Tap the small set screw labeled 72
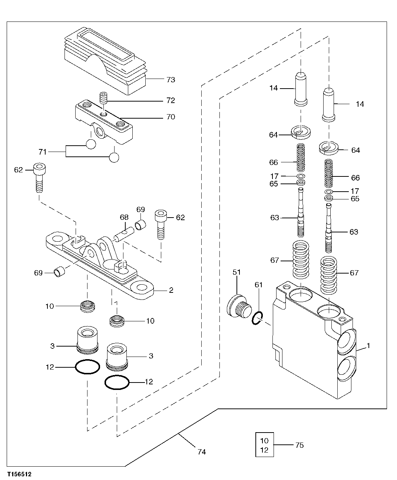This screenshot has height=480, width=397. pos(104,99)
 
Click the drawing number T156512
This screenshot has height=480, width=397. pos(18,474)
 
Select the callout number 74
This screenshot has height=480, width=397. pos(202,452)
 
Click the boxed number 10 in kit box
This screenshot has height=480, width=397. pos(264,441)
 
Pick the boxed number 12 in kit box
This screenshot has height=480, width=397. pos(264,450)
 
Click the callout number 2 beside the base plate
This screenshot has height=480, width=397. pos(171,290)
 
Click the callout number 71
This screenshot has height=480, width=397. pos(43,152)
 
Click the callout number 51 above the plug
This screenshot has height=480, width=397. pos(236,272)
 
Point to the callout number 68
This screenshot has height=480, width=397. pos(124,217)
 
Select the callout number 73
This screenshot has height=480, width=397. pos(171,80)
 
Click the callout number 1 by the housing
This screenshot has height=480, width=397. pos(368,345)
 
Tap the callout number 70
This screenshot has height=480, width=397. pos(171,117)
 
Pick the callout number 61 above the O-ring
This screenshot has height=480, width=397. pos(258,285)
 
